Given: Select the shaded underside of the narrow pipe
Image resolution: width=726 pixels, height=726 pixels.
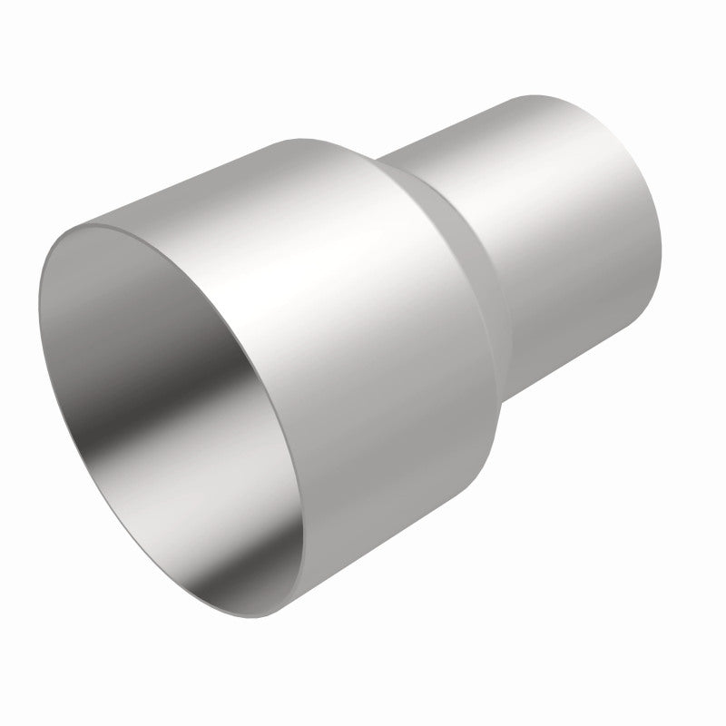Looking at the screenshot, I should pos(581,299).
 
